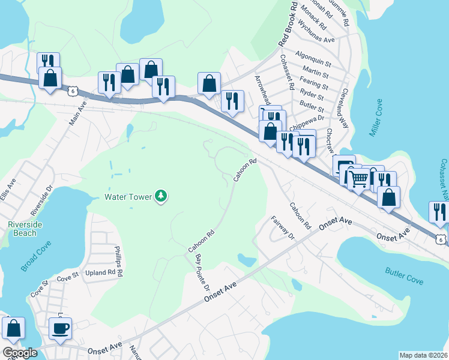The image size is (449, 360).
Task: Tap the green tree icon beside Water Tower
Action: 161,196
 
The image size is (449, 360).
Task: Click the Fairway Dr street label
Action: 283,228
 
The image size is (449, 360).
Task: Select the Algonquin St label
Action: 314,62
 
